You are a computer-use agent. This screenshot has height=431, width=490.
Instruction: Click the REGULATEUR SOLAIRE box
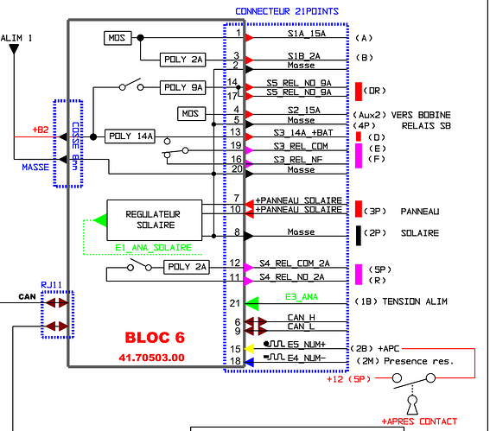[x=155, y=220]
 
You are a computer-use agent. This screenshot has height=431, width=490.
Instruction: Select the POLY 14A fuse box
[x=130, y=136]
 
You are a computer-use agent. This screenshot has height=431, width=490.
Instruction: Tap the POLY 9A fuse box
[x=183, y=87]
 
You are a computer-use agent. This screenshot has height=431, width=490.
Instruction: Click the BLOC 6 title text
[x=155, y=338]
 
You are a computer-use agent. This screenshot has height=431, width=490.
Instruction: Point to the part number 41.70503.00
[x=151, y=358]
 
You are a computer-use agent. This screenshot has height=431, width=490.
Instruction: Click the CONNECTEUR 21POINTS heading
[x=287, y=11]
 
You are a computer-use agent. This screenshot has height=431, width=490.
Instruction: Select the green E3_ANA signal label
[x=302, y=297]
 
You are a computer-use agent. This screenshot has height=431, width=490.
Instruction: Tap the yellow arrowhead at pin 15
[x=249, y=349]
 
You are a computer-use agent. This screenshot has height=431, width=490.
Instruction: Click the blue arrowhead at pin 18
[x=249, y=362]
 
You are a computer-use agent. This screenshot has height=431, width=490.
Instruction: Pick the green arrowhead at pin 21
[x=251, y=303]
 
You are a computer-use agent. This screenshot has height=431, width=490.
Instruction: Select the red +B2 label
[x=41, y=130]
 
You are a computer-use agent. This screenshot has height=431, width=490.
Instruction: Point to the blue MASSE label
[x=35, y=168]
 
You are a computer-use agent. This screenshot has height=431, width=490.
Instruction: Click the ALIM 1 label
[x=16, y=38]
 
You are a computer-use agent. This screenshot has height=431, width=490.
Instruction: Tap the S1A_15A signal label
[x=307, y=33]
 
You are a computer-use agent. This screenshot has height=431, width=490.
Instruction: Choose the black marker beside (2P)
[x=359, y=236]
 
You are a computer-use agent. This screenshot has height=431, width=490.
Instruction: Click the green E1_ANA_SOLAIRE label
[x=153, y=248]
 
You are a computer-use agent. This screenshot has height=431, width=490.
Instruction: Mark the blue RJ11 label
[x=51, y=285]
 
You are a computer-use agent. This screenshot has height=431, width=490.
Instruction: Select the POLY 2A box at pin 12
[x=187, y=267]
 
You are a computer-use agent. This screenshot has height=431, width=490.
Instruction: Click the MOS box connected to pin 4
[x=192, y=114]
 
